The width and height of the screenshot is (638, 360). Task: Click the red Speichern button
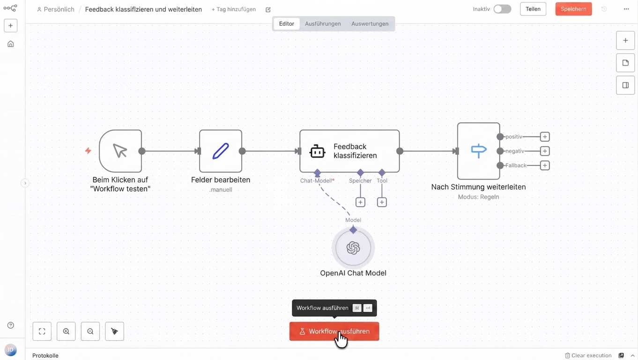[x=573, y=9]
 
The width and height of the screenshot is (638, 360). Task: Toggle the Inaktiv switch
[x=503, y=9]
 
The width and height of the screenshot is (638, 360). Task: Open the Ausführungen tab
[x=323, y=23]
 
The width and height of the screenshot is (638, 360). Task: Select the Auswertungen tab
[x=370, y=23]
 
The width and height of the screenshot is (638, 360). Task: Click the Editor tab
[x=286, y=23]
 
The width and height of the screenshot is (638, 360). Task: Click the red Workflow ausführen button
[x=334, y=331]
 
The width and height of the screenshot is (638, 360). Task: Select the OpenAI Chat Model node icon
[x=353, y=247]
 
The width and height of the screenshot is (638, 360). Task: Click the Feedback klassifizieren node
[x=349, y=151]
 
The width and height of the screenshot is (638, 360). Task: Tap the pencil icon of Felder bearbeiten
[x=221, y=151]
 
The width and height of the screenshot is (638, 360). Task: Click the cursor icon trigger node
[x=120, y=151]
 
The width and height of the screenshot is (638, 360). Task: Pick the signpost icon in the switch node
[x=479, y=150]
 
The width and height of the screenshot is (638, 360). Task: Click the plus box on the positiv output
[x=545, y=137]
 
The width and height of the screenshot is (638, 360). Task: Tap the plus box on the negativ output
[x=545, y=151]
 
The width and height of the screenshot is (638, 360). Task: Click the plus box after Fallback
[x=545, y=165]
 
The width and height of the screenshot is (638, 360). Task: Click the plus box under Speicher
[x=360, y=202]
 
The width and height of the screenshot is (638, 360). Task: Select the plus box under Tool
[x=382, y=202]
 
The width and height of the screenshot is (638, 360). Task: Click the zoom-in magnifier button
[x=66, y=331]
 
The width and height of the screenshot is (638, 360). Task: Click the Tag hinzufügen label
[x=234, y=9]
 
